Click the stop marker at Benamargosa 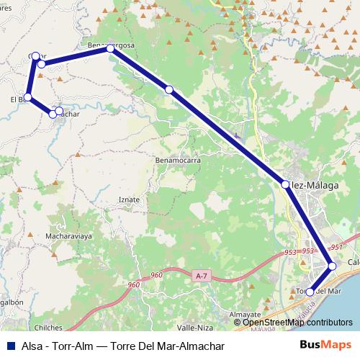point(110,48)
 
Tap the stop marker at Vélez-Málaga point(286,185)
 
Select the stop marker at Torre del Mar point(310,292)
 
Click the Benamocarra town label point(178,161)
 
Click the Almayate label point(246,315)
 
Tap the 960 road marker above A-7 point(157,276)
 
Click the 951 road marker point(336,247)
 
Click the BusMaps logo point(326,346)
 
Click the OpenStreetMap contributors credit point(297,322)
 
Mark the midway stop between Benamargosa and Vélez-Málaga point(168,90)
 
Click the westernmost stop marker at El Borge point(27,97)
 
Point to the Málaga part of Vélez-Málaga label point(323,185)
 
